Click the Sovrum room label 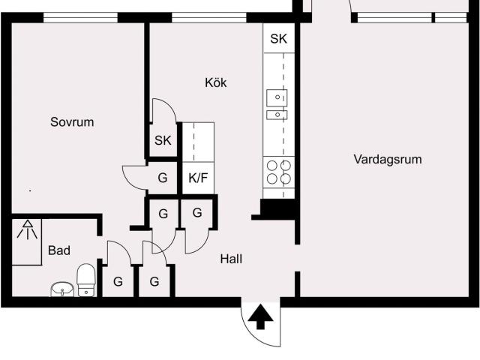[72, 121]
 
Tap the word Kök [215, 82]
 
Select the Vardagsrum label [388, 159]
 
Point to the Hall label [231, 259]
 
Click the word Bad [59, 250]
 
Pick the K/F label [198, 178]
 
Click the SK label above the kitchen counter [278, 38]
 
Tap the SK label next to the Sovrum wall [163, 140]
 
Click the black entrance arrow [260, 318]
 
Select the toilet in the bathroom [87, 280]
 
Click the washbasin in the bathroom [61, 289]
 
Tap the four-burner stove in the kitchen [278, 172]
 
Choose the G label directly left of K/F [162, 178]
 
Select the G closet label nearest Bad [118, 282]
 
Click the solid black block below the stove [277, 208]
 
